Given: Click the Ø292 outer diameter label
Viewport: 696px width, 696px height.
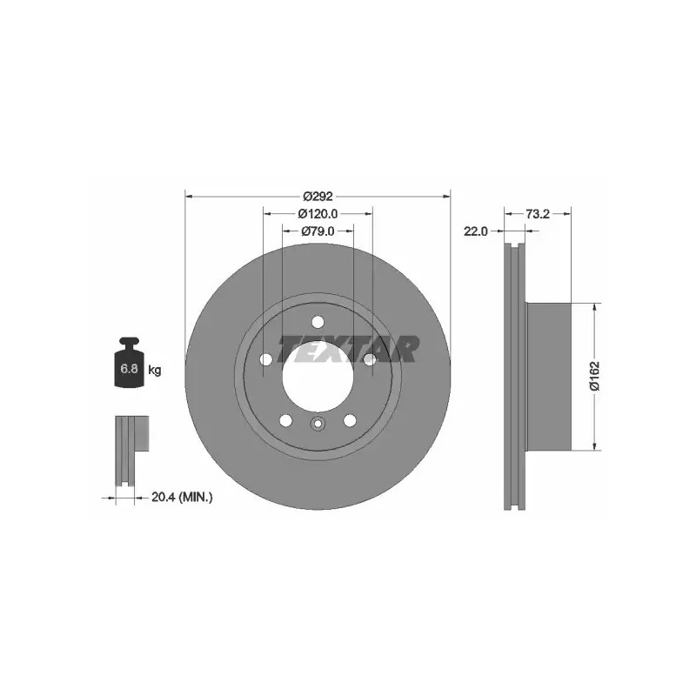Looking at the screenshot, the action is [318, 196].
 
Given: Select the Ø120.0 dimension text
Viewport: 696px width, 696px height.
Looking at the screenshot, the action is [318, 214].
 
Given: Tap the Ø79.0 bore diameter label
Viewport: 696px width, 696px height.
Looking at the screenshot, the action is [318, 231].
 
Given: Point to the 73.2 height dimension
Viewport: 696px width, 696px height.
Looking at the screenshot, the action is [538, 214].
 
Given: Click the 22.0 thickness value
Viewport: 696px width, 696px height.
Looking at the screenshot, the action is [475, 231].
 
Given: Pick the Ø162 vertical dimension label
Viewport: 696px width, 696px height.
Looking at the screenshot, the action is [595, 376].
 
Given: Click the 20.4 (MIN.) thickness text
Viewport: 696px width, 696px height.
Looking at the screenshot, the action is [182, 498].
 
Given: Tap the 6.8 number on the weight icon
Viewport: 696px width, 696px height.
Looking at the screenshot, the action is [129, 368].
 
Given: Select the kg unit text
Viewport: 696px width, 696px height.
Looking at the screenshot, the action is [155, 369].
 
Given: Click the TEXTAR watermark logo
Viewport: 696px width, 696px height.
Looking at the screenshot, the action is [347, 349].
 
